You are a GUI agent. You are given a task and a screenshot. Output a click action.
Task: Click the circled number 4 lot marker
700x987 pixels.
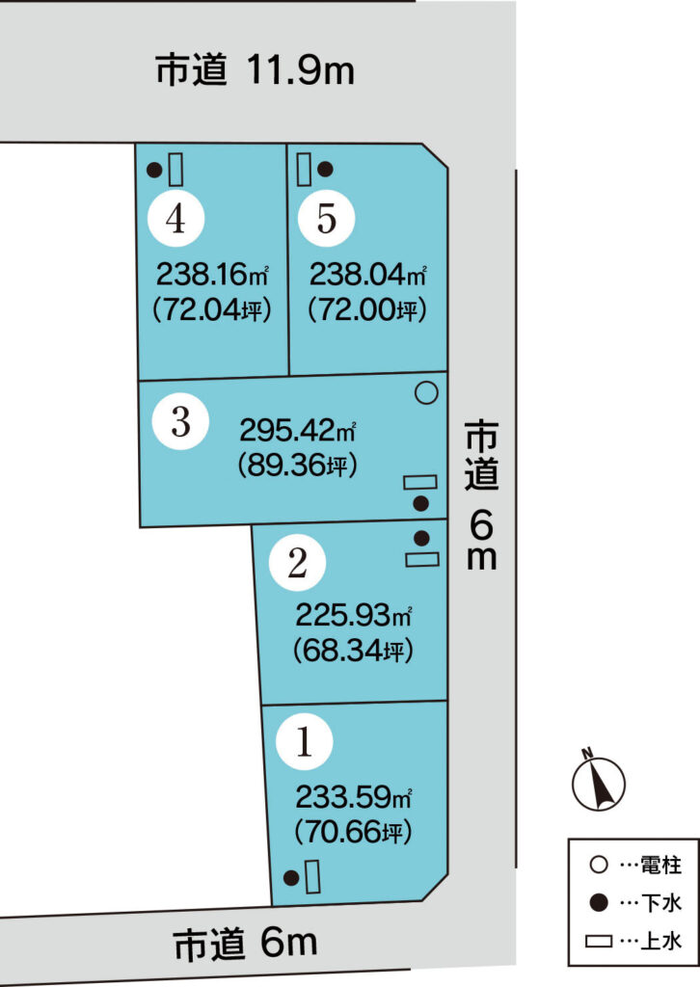click(175, 218)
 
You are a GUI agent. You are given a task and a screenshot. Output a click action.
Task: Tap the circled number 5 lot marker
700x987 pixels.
click(326, 218)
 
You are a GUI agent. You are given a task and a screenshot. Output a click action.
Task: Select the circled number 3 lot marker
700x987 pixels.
click(180, 421)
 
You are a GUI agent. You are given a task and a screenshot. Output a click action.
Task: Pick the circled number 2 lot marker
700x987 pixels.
click(297, 562)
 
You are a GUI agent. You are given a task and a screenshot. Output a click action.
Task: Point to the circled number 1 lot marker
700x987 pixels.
click(304, 741)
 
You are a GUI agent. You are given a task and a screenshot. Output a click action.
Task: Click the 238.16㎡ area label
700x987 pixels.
click(212, 275)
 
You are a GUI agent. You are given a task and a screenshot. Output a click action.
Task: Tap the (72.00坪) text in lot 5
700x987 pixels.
click(367, 309)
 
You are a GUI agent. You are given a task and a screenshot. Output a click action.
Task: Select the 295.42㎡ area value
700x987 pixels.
click(298, 431)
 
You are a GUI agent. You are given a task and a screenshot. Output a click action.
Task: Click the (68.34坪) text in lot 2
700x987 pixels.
click(353, 650)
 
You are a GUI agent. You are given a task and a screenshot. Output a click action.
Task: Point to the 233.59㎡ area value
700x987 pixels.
click(354, 797)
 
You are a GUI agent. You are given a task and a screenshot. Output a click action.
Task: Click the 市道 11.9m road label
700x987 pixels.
click(255, 69)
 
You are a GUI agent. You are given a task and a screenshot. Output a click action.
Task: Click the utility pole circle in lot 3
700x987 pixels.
click(426, 393)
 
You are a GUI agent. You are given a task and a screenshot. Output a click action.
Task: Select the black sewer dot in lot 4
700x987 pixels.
click(154, 170)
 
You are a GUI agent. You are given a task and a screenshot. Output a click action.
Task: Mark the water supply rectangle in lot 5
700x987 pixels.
click(304, 169)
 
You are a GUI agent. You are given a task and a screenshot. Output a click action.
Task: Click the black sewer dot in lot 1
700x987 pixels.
click(291, 877)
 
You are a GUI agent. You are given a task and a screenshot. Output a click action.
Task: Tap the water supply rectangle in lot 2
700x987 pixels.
click(421, 559)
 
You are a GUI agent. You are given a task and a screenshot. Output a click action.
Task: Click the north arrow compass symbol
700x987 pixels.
click(598, 780)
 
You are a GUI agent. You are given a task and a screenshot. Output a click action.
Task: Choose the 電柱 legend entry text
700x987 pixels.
click(661, 865)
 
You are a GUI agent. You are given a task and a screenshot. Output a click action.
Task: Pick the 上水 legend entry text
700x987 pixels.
click(661, 942)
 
